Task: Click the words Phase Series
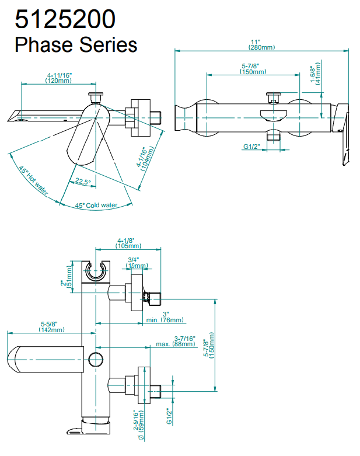point(76,44)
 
